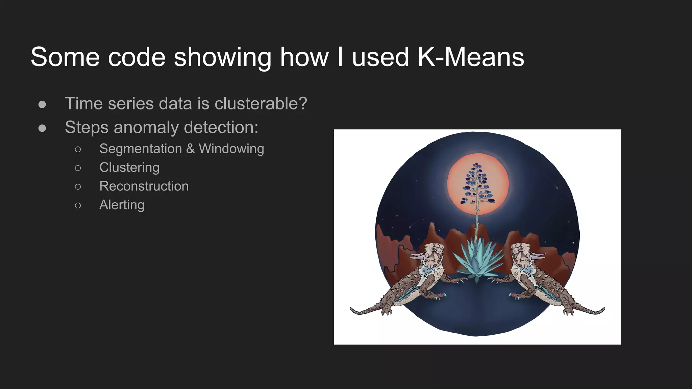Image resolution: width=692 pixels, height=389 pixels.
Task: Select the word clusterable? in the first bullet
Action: pos(261,103)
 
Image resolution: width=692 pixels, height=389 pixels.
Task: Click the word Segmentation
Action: pos(141,149)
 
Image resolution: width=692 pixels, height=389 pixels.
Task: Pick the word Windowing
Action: pos(231,149)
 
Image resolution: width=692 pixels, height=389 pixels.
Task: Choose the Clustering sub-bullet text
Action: pos(129,167)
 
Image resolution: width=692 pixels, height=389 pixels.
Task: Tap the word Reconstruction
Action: pos(144,186)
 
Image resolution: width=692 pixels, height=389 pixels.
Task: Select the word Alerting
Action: pos(122,205)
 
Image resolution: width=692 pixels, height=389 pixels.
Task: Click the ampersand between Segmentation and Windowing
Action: pos(190,149)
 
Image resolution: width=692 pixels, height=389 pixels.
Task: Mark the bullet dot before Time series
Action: pos(42,104)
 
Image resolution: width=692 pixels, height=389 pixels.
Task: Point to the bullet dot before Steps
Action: pos(42,128)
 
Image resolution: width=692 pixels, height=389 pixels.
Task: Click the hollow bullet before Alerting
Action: pos(78,205)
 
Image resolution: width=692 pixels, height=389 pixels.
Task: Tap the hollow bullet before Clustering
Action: pos(78,168)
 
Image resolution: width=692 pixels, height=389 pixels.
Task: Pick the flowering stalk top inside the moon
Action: pos(476,165)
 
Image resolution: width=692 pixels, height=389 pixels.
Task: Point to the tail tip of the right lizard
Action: pos(603,309)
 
